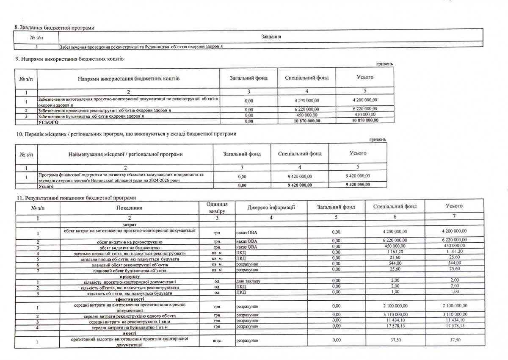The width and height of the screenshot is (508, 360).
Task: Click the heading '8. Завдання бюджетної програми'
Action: pos(54,28)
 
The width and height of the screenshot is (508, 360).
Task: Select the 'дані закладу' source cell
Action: pos(248,281)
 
